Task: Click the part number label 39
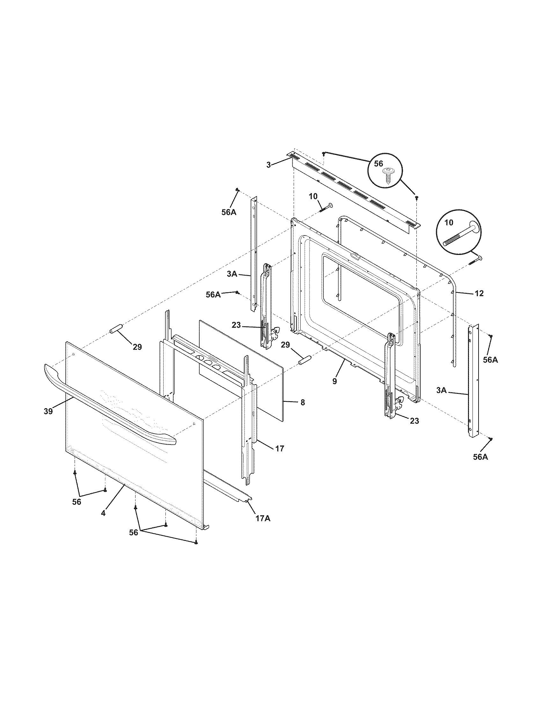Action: tap(48, 411)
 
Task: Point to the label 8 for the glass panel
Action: tap(303, 402)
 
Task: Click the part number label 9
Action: tap(334, 382)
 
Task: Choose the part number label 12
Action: tap(479, 293)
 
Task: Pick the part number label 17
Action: tap(280, 448)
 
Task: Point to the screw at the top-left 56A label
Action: tap(237, 190)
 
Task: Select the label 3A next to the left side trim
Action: tap(232, 274)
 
